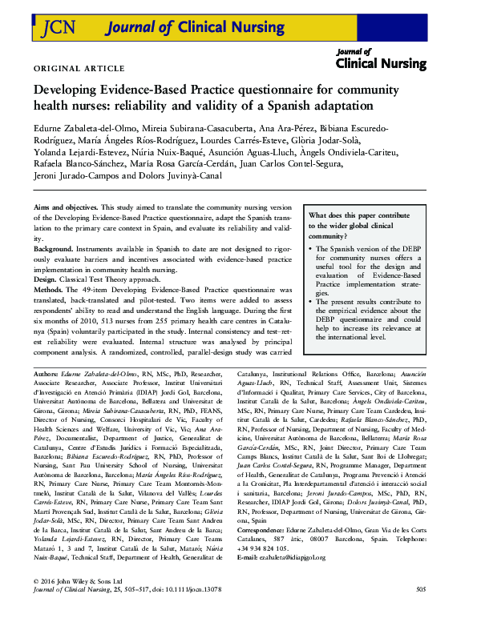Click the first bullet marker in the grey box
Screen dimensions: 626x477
(311, 249)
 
